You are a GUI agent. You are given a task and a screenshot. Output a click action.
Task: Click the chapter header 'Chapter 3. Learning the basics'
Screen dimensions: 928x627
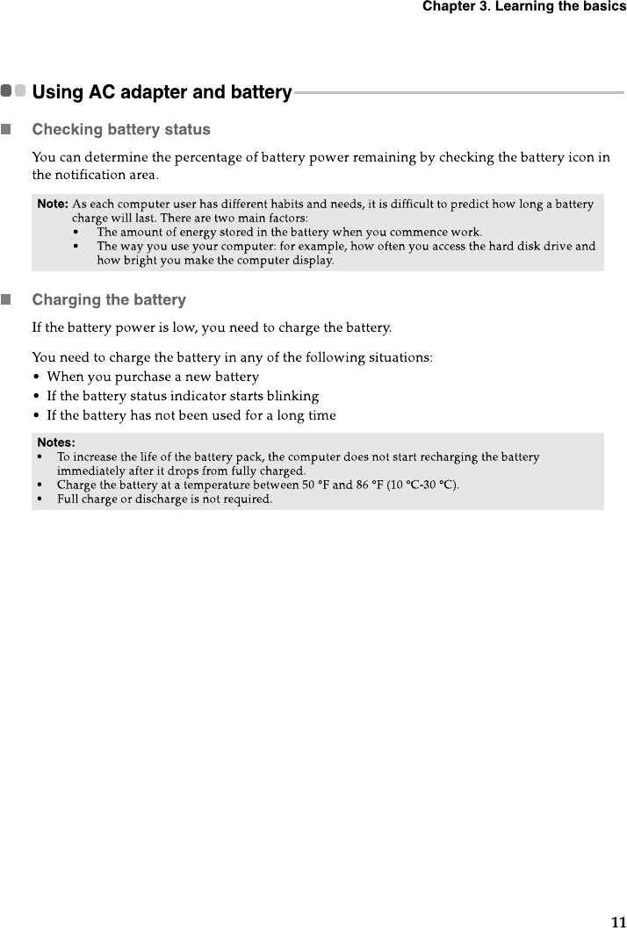[x=523, y=7]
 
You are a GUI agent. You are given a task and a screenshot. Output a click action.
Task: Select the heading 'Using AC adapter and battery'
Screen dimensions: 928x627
[x=162, y=92]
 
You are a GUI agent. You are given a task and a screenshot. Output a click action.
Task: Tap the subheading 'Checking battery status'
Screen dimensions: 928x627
[x=121, y=130]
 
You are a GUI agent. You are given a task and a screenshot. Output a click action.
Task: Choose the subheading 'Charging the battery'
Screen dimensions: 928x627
[x=109, y=300]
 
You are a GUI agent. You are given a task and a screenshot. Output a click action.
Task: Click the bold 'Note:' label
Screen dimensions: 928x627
[x=53, y=205]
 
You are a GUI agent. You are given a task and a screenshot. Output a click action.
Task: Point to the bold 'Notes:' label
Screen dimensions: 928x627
[x=56, y=442]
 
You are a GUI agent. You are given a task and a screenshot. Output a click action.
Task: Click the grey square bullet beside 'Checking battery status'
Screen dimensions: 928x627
[x=7, y=130]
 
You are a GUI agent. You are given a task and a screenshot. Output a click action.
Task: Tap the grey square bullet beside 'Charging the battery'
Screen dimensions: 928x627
[x=7, y=300]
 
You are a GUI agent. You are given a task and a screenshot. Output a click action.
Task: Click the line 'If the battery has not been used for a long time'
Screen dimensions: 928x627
[x=191, y=415]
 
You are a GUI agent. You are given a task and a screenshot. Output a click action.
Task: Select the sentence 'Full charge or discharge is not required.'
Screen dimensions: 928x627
[x=164, y=499]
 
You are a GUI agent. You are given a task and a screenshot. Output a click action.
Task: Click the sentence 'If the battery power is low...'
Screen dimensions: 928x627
[x=212, y=328]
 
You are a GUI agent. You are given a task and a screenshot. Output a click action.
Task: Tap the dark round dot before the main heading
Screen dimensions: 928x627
[x=7, y=91]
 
